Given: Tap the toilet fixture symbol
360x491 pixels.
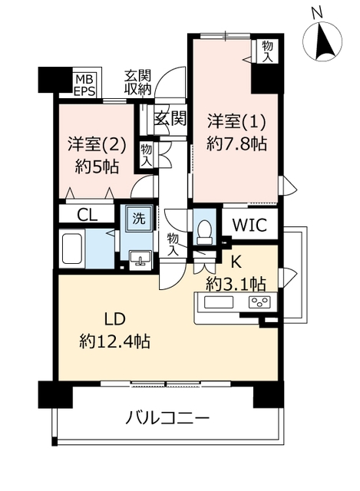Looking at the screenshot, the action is [205, 232].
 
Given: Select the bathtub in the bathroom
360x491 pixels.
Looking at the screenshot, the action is [72, 249].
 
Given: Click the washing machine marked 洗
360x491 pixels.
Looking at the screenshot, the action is [139, 219].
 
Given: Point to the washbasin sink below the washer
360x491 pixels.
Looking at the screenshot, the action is [140, 259].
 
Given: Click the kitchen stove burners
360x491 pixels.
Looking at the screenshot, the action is [259, 302].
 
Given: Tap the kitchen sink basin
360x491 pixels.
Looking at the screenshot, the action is [219, 302].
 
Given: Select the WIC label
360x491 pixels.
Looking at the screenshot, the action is [249, 225].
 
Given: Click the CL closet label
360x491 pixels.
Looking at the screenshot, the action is [88, 215].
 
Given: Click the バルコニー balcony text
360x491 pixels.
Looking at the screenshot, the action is [167, 418].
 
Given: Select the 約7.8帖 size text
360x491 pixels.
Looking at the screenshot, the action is [236, 144].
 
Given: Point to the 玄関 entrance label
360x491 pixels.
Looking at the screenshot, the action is [170, 119].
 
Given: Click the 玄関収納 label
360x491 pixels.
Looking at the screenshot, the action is [138, 83].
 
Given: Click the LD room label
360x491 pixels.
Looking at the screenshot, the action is [114, 319].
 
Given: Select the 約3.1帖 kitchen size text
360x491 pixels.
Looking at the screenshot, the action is [236, 285].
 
